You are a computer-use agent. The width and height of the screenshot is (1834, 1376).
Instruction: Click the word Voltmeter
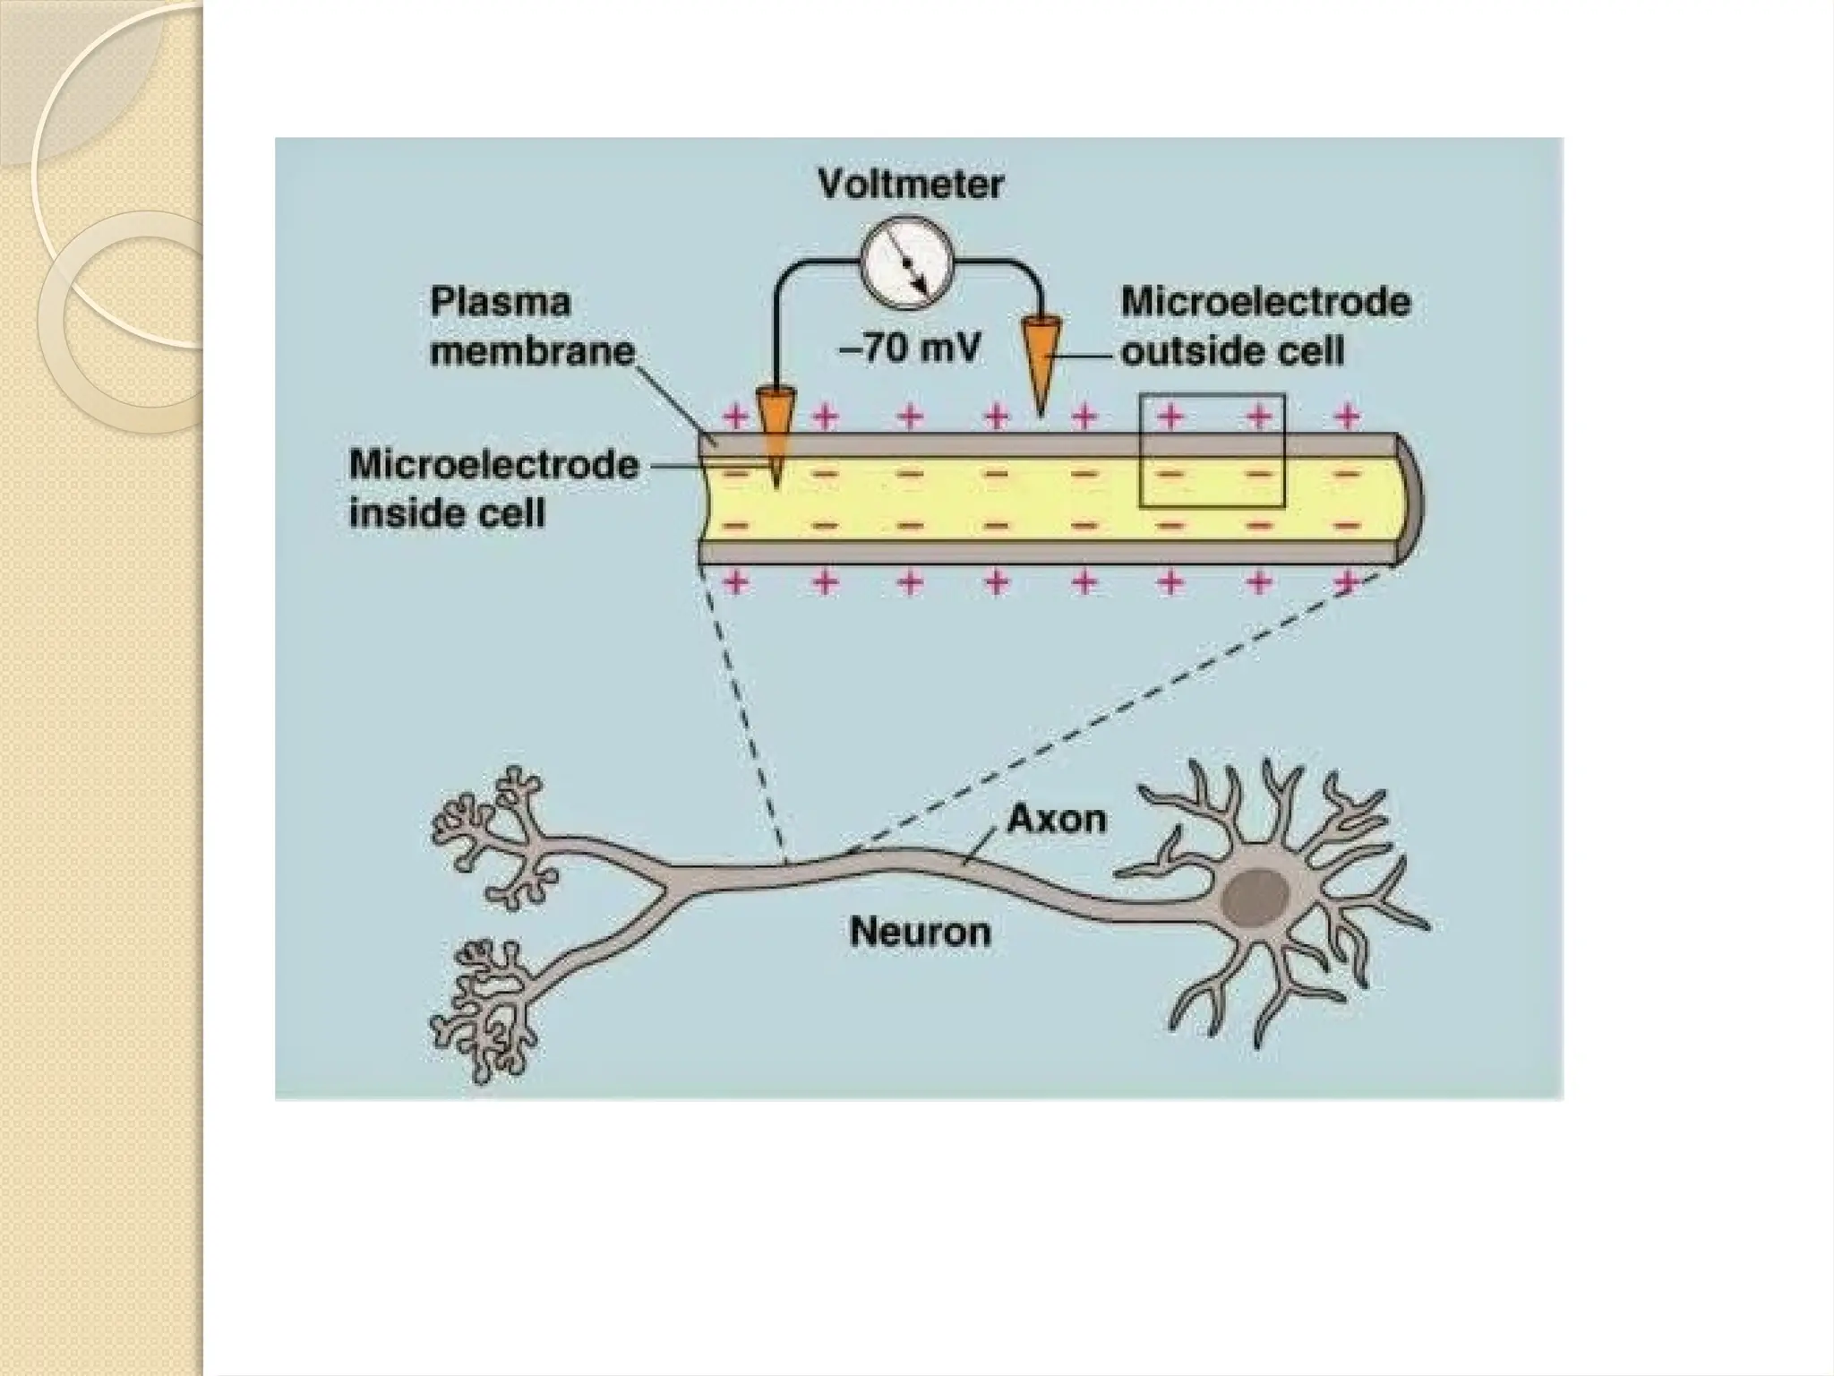pyautogui.click(x=910, y=185)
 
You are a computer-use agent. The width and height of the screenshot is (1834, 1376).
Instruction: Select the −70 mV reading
pyautogui.click(x=910, y=348)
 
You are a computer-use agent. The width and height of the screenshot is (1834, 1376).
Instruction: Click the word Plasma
pyautogui.click(x=500, y=302)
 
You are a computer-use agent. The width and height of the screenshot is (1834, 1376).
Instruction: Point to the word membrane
pyautogui.click(x=532, y=350)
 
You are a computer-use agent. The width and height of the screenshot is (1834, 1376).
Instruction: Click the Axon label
pyautogui.click(x=1057, y=819)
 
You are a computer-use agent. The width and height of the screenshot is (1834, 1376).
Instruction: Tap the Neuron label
pyautogui.click(x=921, y=933)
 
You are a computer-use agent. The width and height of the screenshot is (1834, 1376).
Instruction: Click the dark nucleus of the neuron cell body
pyautogui.click(x=1256, y=897)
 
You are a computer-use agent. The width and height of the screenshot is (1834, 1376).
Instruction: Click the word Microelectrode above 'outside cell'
pyautogui.click(x=1265, y=302)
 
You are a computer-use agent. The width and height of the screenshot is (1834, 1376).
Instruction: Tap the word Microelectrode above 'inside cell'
pyautogui.click(x=493, y=465)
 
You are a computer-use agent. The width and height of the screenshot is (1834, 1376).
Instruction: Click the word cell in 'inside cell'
pyautogui.click(x=510, y=513)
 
